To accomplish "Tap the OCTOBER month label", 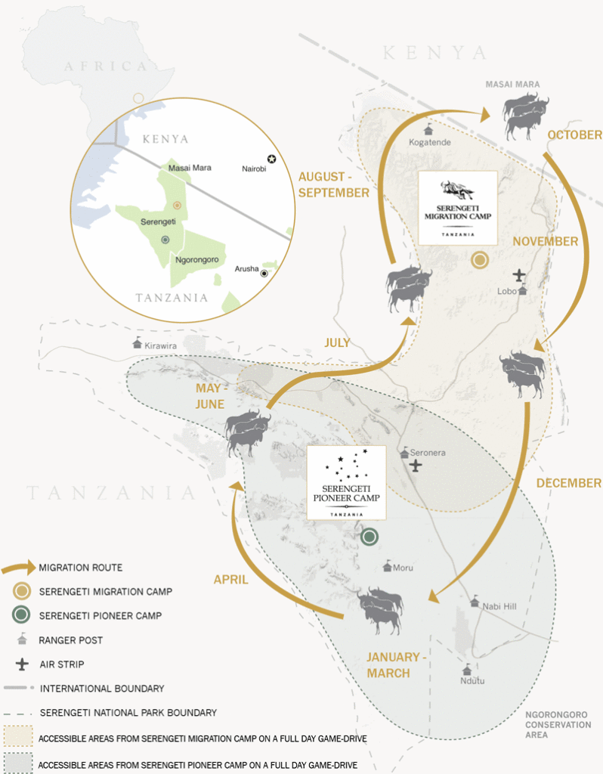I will tap(574, 135).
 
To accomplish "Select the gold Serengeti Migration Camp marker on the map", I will tap(479, 262).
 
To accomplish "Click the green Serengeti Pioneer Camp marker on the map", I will tap(369, 537).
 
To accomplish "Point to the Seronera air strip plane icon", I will tap(415, 466).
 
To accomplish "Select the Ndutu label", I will tap(472, 680).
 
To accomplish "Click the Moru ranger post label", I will tap(404, 566).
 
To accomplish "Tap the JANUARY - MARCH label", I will tap(397, 664).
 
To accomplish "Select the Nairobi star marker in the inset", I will tap(271, 158).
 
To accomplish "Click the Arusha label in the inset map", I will tap(246, 269).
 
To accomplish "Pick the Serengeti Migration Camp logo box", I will tap(457, 206).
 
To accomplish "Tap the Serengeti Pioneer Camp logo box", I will tap(345, 482).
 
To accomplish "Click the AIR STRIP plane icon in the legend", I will tap(20, 664).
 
